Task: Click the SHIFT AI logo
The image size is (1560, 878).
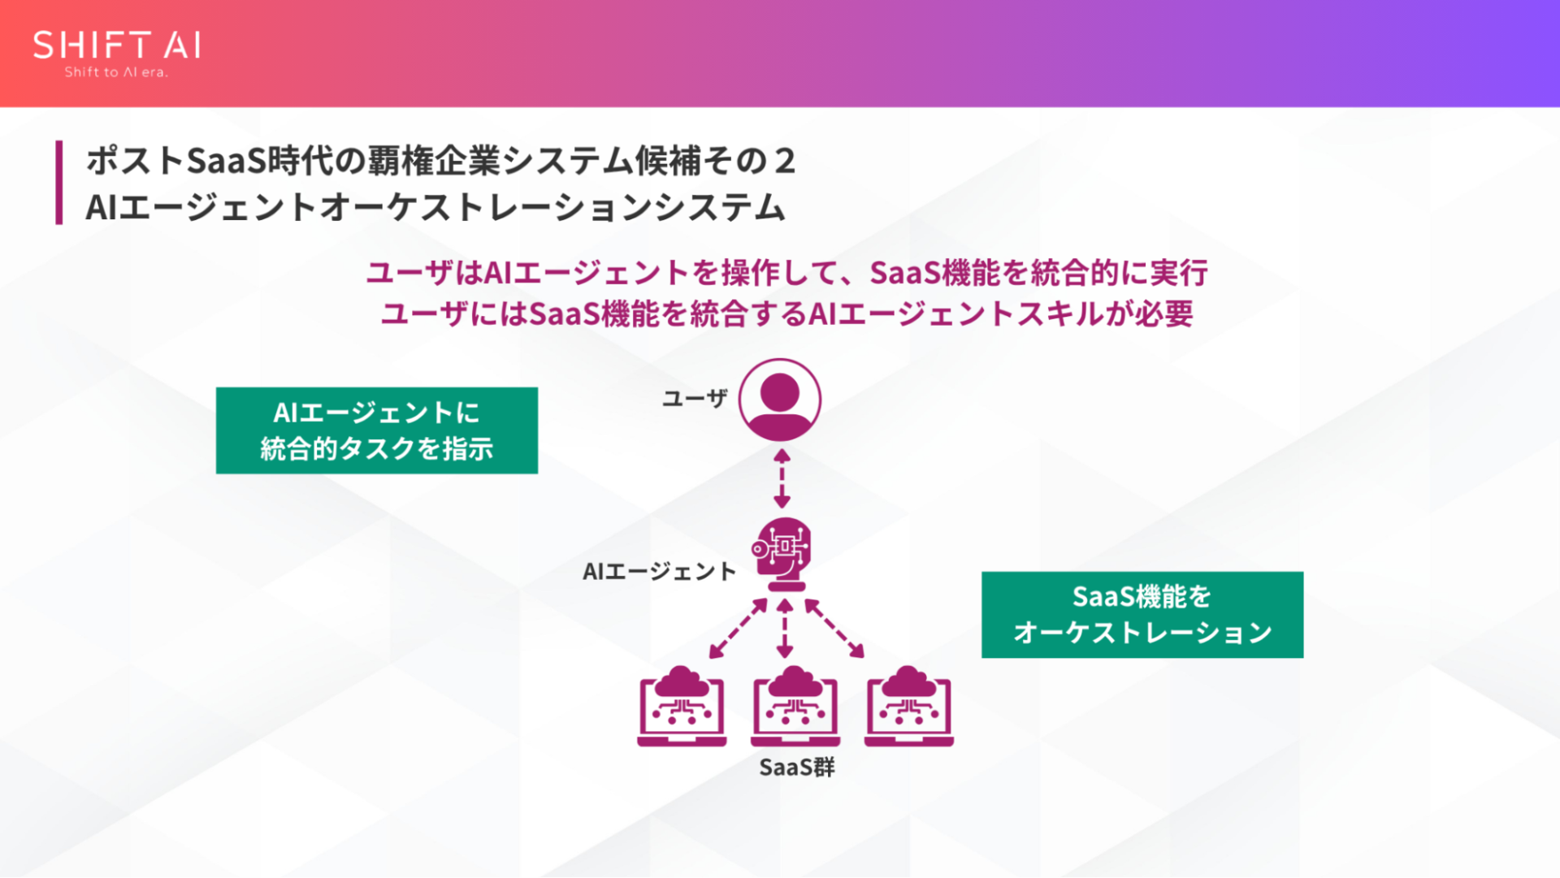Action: (117, 45)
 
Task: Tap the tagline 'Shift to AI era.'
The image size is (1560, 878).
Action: (116, 72)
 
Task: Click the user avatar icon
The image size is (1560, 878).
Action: (779, 400)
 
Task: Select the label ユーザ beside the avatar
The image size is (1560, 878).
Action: (694, 398)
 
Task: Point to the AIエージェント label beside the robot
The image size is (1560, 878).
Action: (659, 572)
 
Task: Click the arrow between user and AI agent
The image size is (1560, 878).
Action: (782, 478)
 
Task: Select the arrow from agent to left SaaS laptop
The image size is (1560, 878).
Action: (738, 628)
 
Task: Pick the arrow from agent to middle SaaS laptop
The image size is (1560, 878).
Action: (784, 628)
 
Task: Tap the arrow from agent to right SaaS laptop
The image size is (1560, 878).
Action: (834, 628)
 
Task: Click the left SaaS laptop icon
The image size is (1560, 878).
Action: (682, 707)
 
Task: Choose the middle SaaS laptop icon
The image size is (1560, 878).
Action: (795, 707)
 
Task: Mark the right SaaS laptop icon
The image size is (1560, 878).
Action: (908, 707)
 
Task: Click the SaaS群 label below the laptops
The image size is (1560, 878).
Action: (796, 768)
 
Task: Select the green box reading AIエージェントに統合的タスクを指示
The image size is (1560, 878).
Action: (377, 430)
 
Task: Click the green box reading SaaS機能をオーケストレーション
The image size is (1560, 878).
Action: (1142, 615)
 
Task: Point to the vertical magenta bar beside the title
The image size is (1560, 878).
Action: (58, 182)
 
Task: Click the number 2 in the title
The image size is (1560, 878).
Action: (784, 161)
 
